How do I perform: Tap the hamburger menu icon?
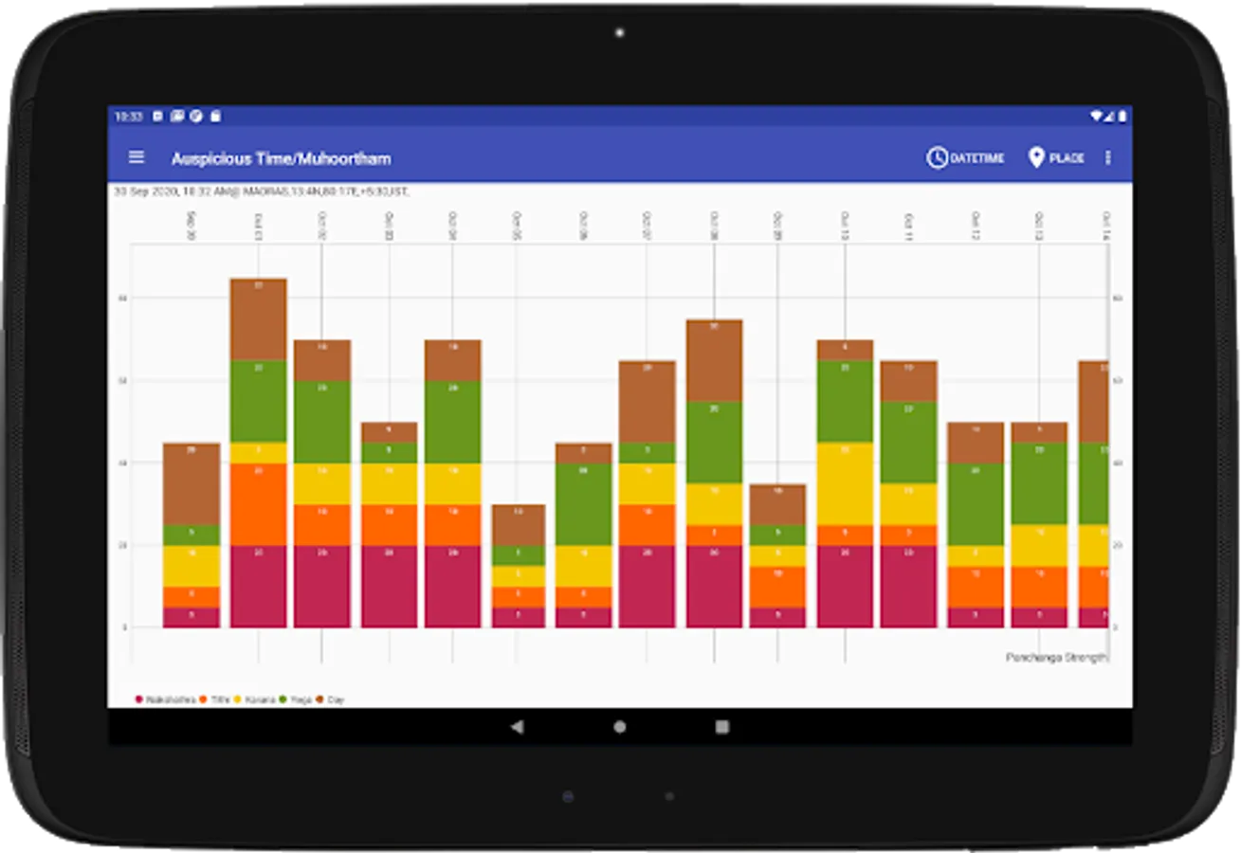tap(137, 157)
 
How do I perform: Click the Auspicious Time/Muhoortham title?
tap(281, 158)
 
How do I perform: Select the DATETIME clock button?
tap(965, 158)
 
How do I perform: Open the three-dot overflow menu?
tap(1107, 158)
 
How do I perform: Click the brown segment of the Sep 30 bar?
tap(192, 483)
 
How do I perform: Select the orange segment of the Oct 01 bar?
tap(258, 503)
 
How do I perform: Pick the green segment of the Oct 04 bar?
tap(452, 422)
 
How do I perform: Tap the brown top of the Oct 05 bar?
tap(519, 524)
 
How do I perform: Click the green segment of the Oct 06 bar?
tap(583, 503)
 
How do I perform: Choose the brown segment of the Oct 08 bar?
tap(714, 360)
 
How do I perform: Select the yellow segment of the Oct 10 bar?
tap(845, 483)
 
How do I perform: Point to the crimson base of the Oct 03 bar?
tap(389, 586)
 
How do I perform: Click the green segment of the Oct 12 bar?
tap(976, 503)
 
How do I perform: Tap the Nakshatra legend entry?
tap(166, 699)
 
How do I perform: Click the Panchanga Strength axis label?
tap(1055, 657)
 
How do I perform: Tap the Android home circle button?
tap(620, 727)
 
